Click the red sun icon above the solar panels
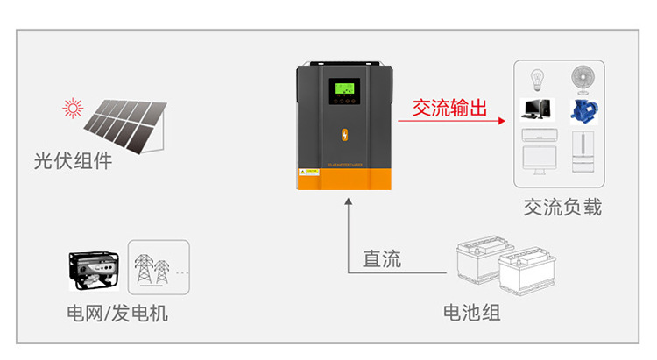tap(72, 109)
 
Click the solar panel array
tap(128, 124)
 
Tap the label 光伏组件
tap(73, 161)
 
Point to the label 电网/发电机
tap(117, 313)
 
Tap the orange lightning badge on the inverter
tap(343, 136)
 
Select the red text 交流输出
tap(449, 109)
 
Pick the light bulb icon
tap(536, 81)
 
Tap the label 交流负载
tap(562, 208)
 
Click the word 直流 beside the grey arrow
tap(382, 258)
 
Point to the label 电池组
tap(471, 312)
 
